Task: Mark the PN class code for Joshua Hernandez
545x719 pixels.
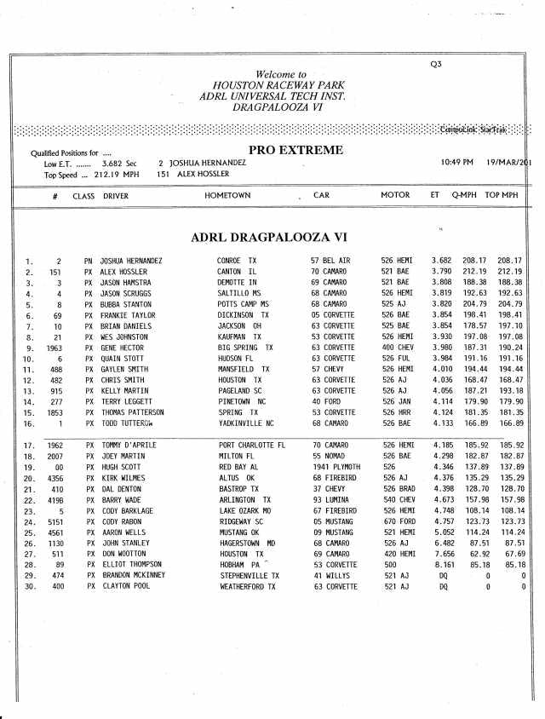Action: (87, 259)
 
